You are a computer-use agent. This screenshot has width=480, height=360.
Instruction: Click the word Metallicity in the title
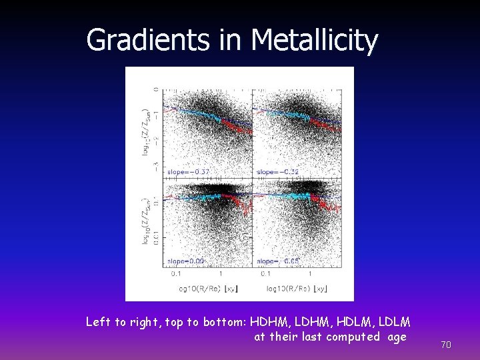pyautogui.click(x=314, y=40)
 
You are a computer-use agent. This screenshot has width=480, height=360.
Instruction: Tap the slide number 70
pyautogui.click(x=447, y=345)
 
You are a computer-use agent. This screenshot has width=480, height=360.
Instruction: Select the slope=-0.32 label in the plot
pyautogui.click(x=277, y=172)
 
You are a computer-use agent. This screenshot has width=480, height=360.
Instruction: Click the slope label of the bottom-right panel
pyautogui.click(x=277, y=261)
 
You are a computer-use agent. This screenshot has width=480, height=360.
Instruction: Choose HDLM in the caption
pyautogui.click(x=353, y=322)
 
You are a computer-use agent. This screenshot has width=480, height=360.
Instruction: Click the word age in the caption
pyautogui.click(x=397, y=337)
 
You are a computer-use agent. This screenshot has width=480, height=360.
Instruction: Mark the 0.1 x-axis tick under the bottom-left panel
pyautogui.click(x=177, y=274)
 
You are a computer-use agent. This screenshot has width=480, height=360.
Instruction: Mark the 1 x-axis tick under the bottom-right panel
pyautogui.click(x=310, y=274)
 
